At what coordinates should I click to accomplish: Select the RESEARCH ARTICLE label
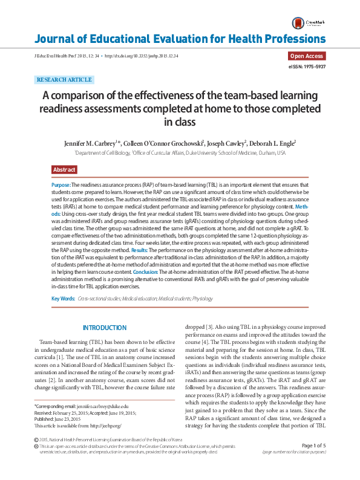[64, 80]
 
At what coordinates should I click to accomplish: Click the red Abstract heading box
[64, 170]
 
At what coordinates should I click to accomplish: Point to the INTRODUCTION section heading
[105, 328]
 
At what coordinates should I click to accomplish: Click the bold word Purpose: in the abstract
[62, 184]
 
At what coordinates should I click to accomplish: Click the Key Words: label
[64, 299]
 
